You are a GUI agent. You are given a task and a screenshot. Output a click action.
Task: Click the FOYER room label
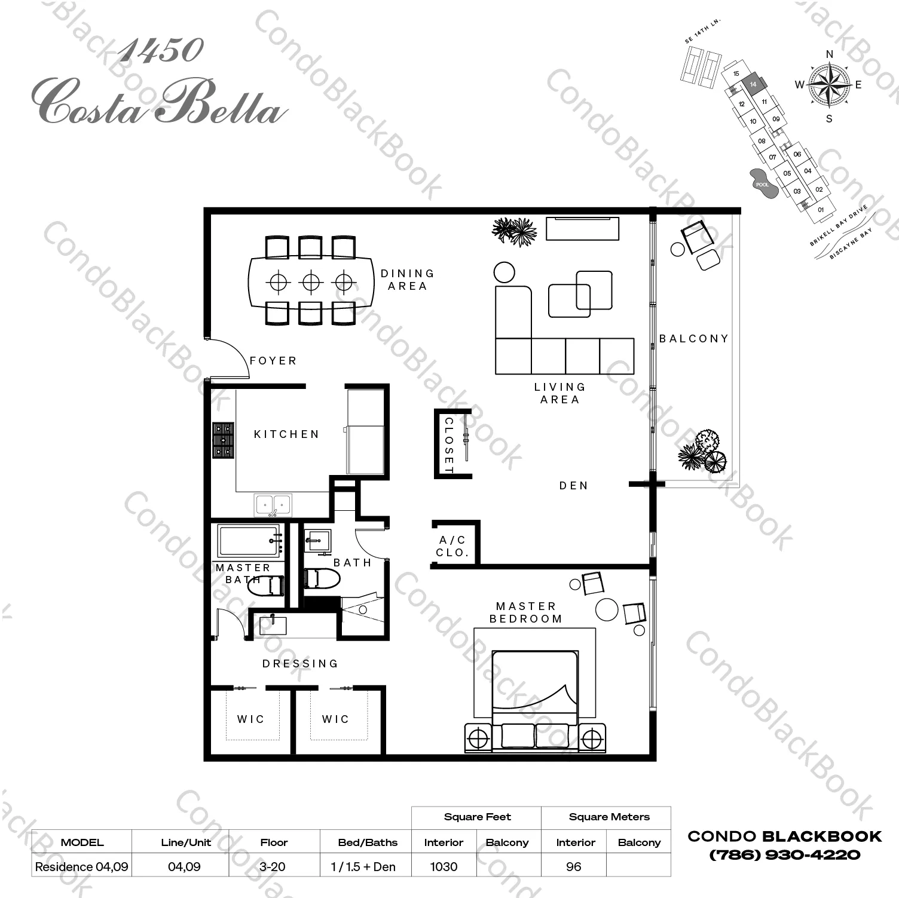pos(273,361)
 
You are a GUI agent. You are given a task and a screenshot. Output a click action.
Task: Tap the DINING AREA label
pos(408,280)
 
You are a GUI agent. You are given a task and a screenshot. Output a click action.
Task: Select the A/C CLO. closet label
pos(452,547)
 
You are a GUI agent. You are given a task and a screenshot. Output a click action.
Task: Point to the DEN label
pos(574,486)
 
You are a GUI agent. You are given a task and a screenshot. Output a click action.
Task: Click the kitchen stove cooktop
pos(224,440)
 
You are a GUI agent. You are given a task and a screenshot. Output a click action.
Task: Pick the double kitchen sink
pos(273,505)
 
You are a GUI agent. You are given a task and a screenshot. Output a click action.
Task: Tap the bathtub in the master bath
pos(249,541)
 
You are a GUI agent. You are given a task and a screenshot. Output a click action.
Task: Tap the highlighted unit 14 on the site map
pos(753,85)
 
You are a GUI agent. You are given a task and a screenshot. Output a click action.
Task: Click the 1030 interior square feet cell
pos(444,866)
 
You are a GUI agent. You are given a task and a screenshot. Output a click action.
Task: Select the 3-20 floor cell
pos(273,866)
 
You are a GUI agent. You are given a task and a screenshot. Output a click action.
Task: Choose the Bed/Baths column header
pos(368,842)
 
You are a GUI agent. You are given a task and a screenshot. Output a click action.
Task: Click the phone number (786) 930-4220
pos(785,855)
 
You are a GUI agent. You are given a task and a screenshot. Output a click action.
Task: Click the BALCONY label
pos(694,339)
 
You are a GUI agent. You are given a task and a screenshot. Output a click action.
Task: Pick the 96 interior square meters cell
pos(573,866)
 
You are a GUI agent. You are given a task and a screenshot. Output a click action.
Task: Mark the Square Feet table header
pos(477,817)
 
